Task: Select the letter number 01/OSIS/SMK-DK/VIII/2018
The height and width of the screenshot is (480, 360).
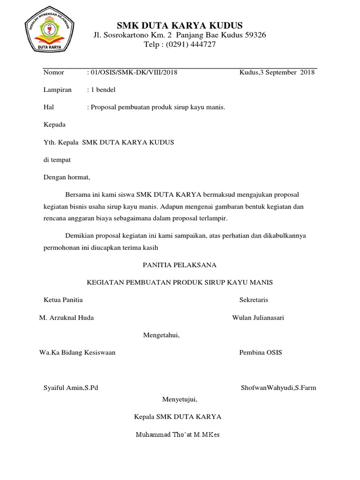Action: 134,73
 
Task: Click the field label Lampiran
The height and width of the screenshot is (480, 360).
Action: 57,90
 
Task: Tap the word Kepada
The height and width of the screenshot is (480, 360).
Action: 54,125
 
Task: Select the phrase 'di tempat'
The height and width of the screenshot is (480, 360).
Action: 57,160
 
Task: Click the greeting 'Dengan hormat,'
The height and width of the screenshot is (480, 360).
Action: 66,178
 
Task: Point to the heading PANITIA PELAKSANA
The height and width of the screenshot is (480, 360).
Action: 180,265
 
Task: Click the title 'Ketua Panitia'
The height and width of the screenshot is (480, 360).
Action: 63,300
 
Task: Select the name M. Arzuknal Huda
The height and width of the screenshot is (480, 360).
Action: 67,318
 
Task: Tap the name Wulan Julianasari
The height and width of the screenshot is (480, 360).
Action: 258,318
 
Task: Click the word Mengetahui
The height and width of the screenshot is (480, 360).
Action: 161,335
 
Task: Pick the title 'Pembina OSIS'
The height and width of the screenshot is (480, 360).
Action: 261,352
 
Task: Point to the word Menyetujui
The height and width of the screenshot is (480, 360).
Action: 180,400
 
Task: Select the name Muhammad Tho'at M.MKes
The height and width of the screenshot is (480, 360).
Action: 178,435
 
